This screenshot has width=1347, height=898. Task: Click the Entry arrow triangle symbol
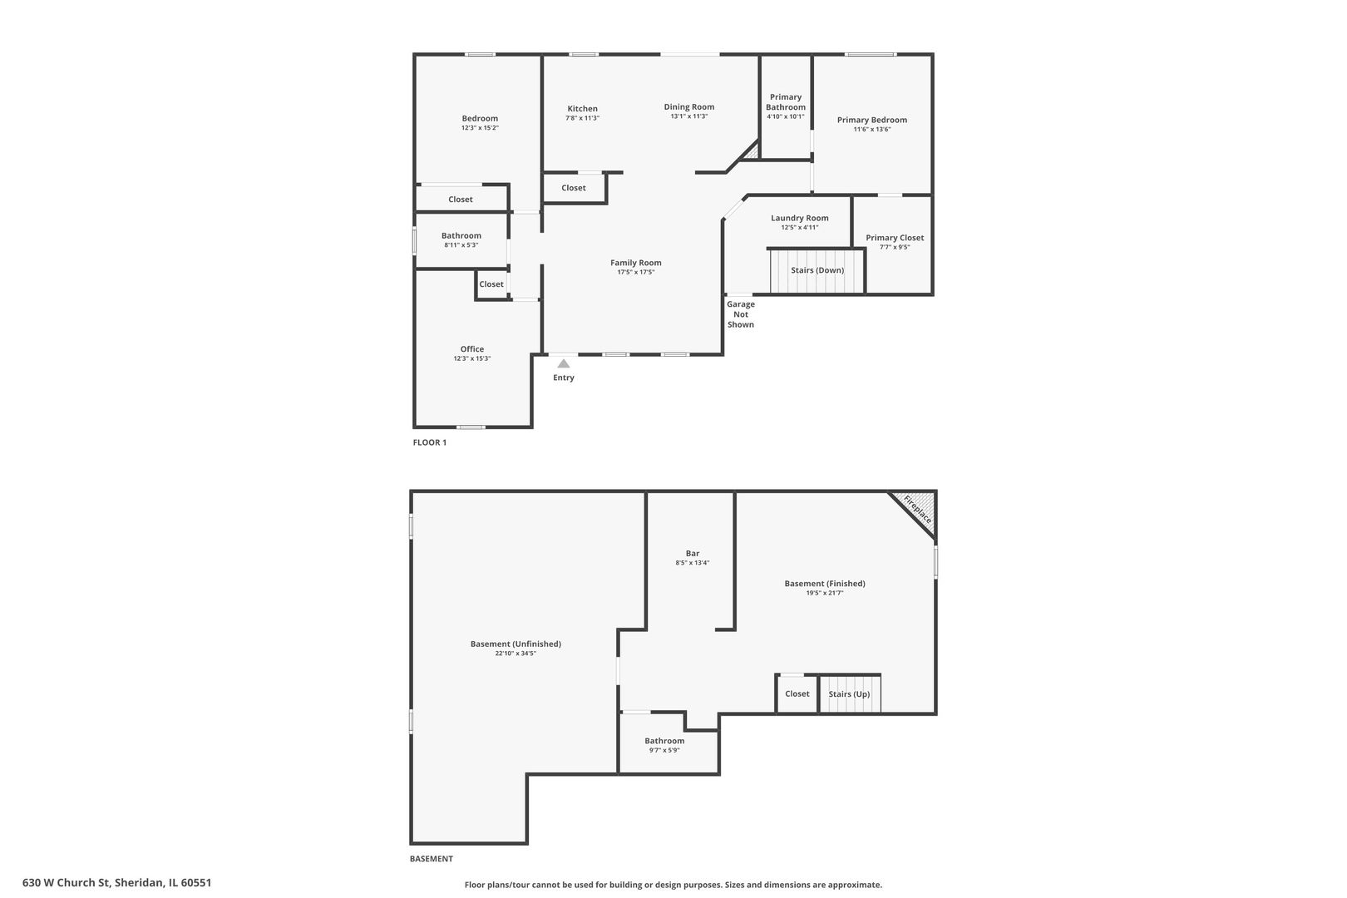coord(564,363)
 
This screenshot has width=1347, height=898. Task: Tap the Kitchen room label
coord(582,109)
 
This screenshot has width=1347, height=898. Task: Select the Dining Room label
coord(688,106)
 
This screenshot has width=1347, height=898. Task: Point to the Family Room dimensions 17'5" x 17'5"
coord(636,272)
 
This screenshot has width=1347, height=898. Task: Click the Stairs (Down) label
coord(817,270)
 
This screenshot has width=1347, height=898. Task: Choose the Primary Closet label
coord(895,238)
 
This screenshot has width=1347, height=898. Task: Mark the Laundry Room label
coord(799,218)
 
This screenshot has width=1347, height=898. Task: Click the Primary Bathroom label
coord(786,102)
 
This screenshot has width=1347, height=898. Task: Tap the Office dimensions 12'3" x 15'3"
coord(472,358)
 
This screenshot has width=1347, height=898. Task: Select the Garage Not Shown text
coord(741,314)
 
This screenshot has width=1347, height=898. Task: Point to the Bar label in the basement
coord(693,553)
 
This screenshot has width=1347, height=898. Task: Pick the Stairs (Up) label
coord(849,694)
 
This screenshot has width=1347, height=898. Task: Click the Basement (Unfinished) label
coord(516,644)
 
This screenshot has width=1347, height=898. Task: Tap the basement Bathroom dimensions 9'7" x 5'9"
coord(664,750)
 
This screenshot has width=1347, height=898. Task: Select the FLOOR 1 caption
coord(430,442)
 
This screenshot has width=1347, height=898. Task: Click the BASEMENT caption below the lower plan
coord(432,859)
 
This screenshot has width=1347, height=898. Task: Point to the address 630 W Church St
coord(117,883)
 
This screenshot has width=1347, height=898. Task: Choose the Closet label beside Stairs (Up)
coord(797,693)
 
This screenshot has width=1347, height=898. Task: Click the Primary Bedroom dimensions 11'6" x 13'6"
coord(871,130)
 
